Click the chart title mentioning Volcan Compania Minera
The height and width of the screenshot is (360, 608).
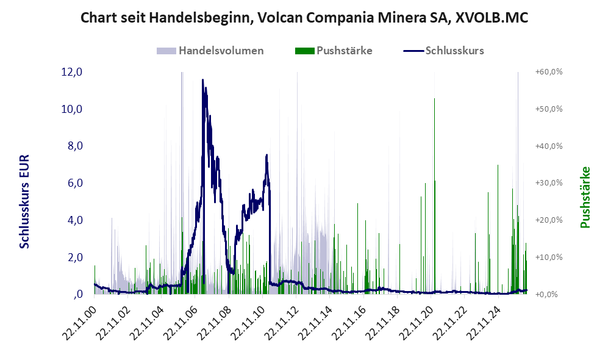pyautogui.click(x=304, y=18)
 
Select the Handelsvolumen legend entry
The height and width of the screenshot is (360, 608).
pyautogui.click(x=210, y=51)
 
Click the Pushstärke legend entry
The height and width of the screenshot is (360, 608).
pyautogui.click(x=334, y=51)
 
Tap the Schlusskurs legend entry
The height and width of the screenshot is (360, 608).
pyautogui.click(x=443, y=51)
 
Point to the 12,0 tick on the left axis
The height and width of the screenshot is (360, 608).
pyautogui.click(x=72, y=72)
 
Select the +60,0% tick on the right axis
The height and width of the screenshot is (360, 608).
pyautogui.click(x=549, y=72)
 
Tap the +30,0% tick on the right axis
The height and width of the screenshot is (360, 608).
pyautogui.click(x=549, y=182)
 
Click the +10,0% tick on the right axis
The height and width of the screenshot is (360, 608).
pyautogui.click(x=549, y=257)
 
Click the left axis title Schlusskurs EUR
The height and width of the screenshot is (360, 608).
pyautogui.click(x=24, y=202)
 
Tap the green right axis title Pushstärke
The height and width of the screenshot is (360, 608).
pyautogui.click(x=585, y=197)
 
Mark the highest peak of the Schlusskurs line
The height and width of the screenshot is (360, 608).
pyautogui.click(x=202, y=80)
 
